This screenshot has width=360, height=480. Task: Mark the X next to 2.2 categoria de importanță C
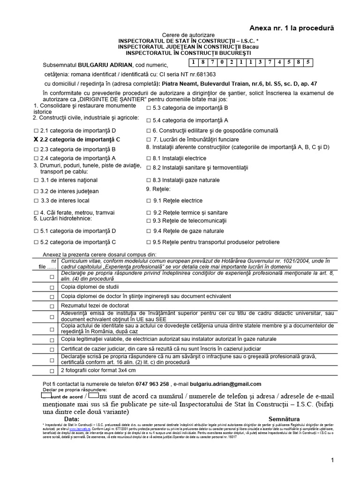click(37, 140)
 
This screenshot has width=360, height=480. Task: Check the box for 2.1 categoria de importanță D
click(37, 130)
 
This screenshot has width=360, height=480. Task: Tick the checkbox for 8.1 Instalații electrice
click(149, 158)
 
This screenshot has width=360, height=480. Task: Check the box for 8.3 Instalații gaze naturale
click(149, 180)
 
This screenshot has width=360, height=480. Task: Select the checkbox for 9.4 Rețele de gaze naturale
click(149, 231)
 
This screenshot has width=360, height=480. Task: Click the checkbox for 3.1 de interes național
click(37, 180)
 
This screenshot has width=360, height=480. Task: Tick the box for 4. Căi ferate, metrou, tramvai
click(37, 212)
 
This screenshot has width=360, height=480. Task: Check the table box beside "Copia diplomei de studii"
click(52, 287)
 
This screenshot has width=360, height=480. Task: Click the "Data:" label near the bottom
click(72, 419)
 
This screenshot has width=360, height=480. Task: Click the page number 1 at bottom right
click(332, 460)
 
